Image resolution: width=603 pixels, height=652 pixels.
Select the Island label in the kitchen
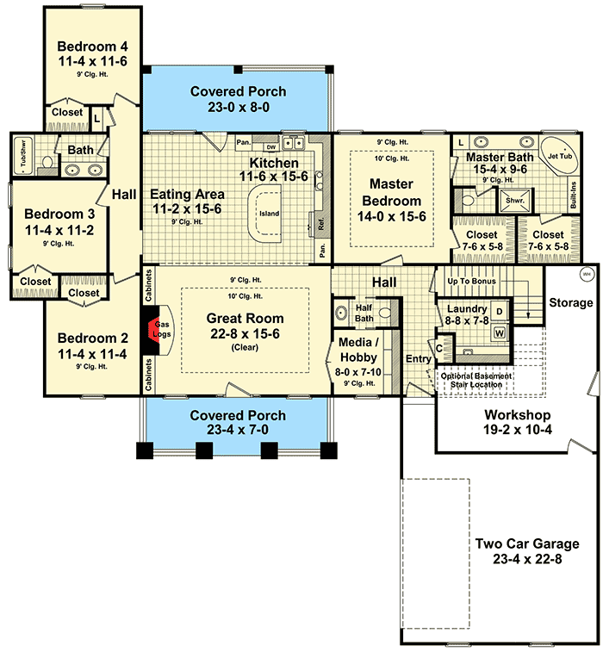click(x=269, y=214)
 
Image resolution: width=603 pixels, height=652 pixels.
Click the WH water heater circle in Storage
click(x=587, y=275)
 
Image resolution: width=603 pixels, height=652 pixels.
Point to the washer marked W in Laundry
click(x=500, y=332)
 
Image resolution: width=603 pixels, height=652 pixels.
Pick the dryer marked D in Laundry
click(x=500, y=312)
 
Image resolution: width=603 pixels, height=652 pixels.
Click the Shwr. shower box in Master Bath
click(x=515, y=201)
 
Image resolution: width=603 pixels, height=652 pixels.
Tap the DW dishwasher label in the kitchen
click(x=271, y=147)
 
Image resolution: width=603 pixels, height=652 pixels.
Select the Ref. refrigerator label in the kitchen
click(x=321, y=224)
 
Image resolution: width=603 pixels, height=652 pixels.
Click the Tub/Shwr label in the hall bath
click(x=23, y=152)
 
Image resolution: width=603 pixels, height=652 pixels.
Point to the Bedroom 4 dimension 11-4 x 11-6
click(x=92, y=61)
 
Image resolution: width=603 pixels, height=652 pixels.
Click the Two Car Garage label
click(x=527, y=543)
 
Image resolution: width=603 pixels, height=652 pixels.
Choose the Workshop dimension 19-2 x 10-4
click(x=518, y=430)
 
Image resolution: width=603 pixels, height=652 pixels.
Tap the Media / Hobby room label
click(x=358, y=350)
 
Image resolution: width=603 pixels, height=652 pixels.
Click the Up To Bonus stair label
click(x=471, y=281)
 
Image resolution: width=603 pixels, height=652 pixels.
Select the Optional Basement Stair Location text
click(x=476, y=380)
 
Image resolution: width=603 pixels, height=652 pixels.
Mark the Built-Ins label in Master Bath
click(x=574, y=195)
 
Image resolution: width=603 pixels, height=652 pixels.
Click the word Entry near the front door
click(x=419, y=358)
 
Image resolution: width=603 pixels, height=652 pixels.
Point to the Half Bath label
click(x=364, y=314)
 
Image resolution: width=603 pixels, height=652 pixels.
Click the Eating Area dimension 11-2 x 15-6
click(x=187, y=208)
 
